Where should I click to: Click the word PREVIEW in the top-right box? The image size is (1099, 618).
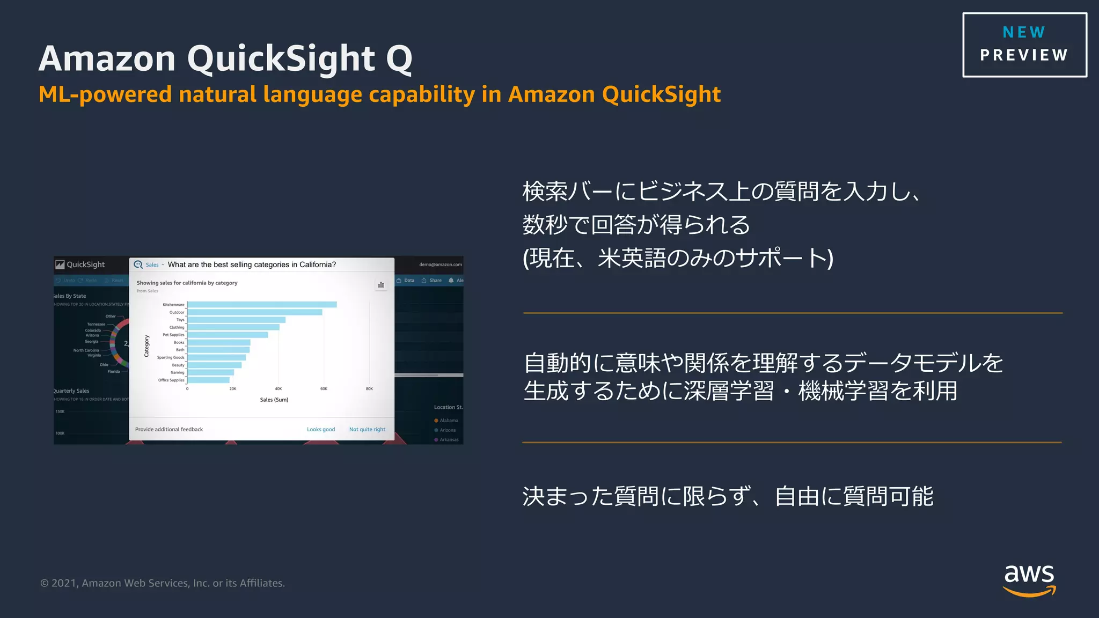(1024, 55)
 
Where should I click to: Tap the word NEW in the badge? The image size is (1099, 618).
(1024, 32)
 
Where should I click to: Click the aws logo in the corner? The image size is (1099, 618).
(1029, 579)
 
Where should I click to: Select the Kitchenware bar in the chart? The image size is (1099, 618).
(262, 305)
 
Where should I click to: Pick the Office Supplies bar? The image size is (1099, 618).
(208, 380)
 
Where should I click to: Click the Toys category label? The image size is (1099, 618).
(180, 320)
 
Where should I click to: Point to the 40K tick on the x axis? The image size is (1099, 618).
(278, 389)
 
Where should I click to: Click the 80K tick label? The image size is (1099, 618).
(369, 389)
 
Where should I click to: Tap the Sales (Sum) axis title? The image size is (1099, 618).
(274, 400)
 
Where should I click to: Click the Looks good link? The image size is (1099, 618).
(321, 430)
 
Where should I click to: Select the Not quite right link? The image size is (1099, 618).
(367, 430)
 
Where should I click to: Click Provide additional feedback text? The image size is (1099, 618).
(169, 430)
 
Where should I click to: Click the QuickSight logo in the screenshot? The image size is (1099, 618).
(80, 264)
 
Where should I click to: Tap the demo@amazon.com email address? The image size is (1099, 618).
(441, 264)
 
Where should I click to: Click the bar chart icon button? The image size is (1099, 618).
(381, 285)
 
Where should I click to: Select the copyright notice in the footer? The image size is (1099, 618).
(163, 583)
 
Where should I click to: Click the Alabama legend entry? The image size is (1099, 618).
(449, 421)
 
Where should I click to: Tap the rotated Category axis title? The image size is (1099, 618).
(146, 346)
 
